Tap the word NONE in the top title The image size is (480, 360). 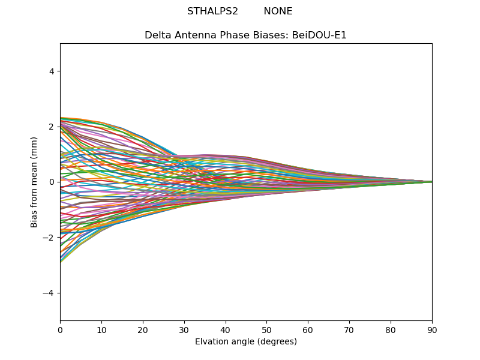pyautogui.click(x=278, y=11)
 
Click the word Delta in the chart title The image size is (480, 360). pyautogui.click(x=157, y=35)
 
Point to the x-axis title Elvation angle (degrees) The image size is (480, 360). pyautogui.click(x=246, y=342)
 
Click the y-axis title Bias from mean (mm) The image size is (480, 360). pyautogui.click(x=35, y=182)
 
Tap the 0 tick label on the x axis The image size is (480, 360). pyautogui.click(x=60, y=329)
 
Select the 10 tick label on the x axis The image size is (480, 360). pyautogui.click(x=101, y=329)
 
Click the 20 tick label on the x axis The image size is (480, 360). pyautogui.click(x=143, y=329)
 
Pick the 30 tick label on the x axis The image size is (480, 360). pyautogui.click(x=184, y=329)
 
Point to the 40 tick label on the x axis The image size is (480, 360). pyautogui.click(x=226, y=329)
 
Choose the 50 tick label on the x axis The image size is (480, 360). pyautogui.click(x=266, y=329)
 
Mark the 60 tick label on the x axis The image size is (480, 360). pyautogui.click(x=308, y=329)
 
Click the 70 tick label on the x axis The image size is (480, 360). pyautogui.click(x=349, y=329)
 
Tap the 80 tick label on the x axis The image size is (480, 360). pyautogui.click(x=391, y=329)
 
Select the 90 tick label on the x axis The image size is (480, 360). pyautogui.click(x=432, y=329)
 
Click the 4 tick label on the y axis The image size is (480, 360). pyautogui.click(x=52, y=71)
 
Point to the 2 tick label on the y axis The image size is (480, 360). pyautogui.click(x=52, y=127)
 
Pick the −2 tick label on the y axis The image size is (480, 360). pyautogui.click(x=49, y=238)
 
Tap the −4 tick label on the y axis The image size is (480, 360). pyautogui.click(x=49, y=293)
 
